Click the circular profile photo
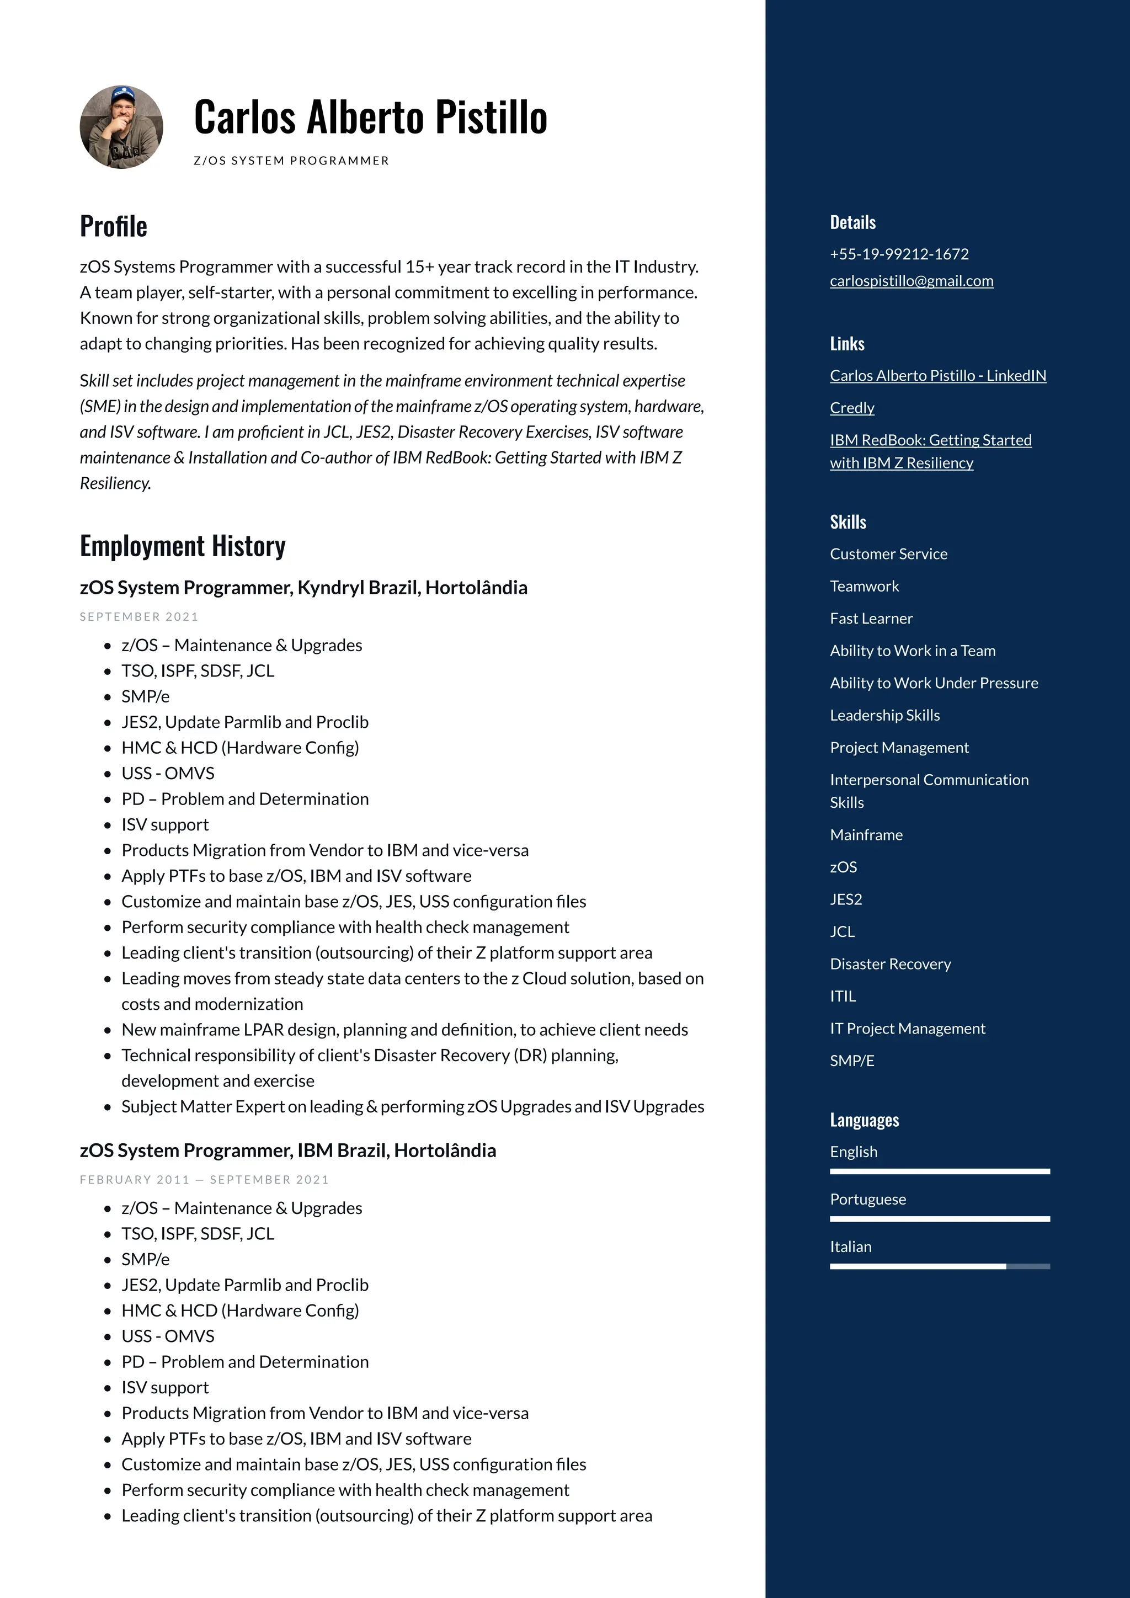(x=122, y=127)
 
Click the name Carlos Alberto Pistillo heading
(x=370, y=117)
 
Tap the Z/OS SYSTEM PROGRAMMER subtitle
(x=291, y=161)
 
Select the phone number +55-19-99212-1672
(x=899, y=254)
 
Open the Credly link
(x=852, y=408)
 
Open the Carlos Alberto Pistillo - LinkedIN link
(x=937, y=376)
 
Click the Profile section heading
(x=114, y=226)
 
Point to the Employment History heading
(x=182, y=546)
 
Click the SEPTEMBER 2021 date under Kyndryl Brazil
(x=139, y=617)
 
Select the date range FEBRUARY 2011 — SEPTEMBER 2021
(x=204, y=1180)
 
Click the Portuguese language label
(x=868, y=1199)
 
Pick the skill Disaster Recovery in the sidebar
(x=890, y=964)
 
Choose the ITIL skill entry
(x=843, y=996)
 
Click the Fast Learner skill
(x=871, y=619)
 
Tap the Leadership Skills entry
(x=884, y=716)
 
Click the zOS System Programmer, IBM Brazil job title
(x=287, y=1150)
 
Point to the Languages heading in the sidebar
(x=864, y=1120)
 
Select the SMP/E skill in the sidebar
(x=852, y=1061)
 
